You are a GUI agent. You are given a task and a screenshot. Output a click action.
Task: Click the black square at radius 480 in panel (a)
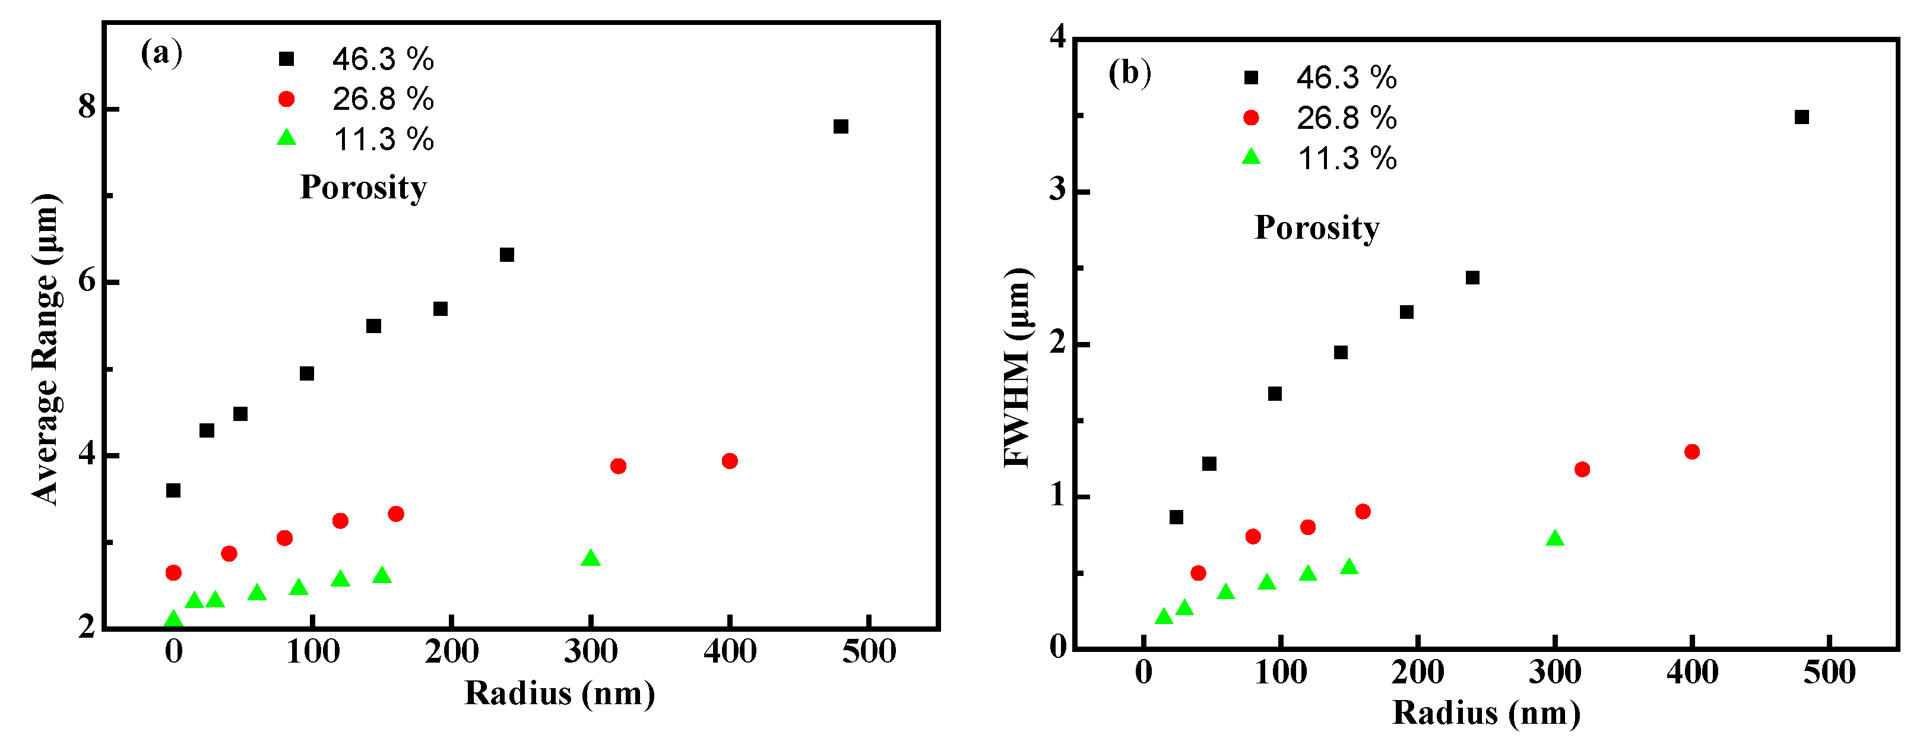coord(840,126)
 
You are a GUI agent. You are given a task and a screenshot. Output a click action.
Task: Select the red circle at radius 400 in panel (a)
coord(730,461)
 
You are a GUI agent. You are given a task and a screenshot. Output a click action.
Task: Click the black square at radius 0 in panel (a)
coord(173,490)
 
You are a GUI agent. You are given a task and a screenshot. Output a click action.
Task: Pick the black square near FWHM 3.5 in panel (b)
coord(1802,116)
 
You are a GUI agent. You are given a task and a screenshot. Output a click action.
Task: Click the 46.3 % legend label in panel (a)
coord(383,59)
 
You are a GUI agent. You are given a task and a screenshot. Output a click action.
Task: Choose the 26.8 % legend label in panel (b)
coord(1346,118)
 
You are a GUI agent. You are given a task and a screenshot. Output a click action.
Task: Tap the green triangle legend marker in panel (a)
coord(286,138)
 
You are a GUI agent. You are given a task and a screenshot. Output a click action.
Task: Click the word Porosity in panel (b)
coord(1317,227)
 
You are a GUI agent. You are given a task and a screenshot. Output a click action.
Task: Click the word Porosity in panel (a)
coord(363,187)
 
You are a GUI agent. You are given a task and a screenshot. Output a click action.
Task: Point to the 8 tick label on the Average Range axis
coord(87,107)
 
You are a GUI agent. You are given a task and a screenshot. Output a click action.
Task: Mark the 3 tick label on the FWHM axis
coord(1057,190)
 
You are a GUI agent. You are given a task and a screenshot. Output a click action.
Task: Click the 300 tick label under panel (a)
coord(591,652)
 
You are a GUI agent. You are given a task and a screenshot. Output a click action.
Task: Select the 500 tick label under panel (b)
coord(1829,672)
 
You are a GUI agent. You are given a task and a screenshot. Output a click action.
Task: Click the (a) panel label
coord(161,52)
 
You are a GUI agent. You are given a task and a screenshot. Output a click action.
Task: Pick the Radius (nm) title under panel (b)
coord(1485,712)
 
